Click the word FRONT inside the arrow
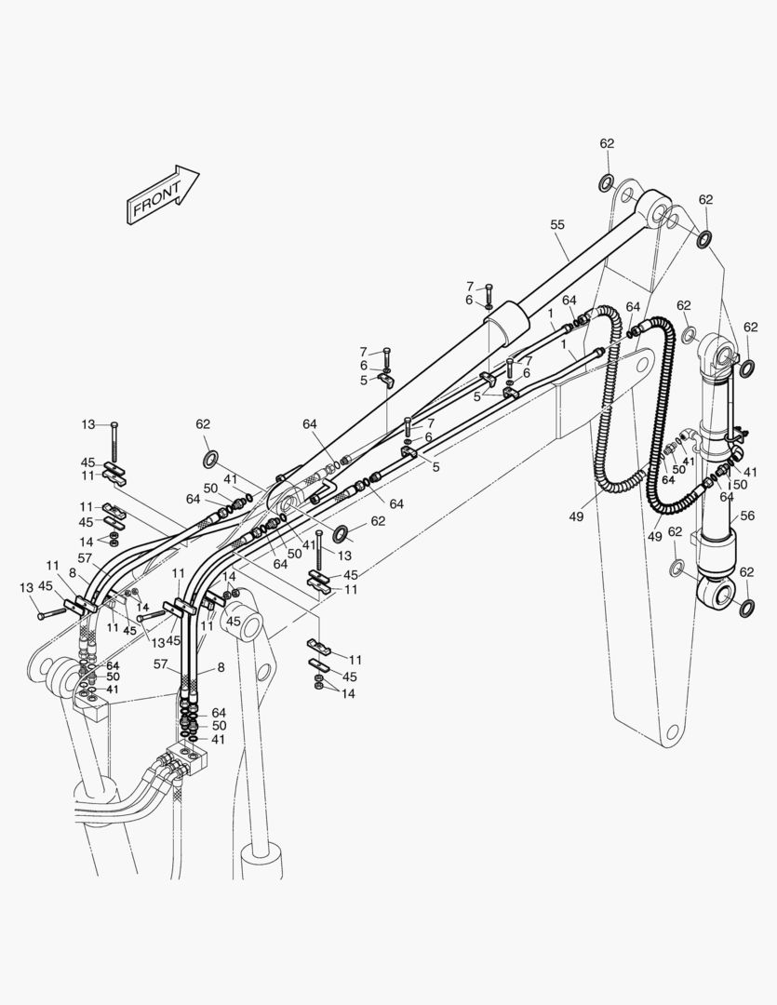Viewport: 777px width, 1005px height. [156, 199]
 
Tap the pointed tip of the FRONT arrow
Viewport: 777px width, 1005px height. [199, 172]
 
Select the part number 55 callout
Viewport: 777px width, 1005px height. [557, 224]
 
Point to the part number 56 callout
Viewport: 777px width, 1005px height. [747, 516]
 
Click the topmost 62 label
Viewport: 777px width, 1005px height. [607, 143]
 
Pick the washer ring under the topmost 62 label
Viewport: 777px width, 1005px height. [606, 184]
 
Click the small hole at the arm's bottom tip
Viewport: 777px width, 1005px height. [671, 731]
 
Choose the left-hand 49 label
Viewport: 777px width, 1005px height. [576, 516]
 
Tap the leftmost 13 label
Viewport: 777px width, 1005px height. [26, 588]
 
